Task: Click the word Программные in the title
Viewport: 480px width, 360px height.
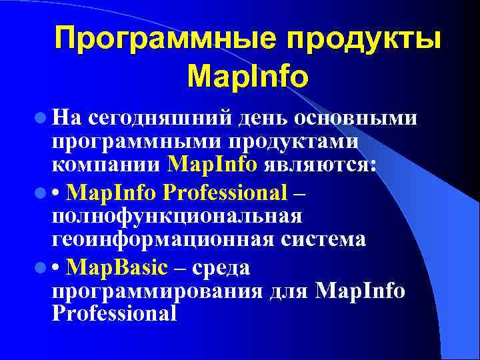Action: coord(159,39)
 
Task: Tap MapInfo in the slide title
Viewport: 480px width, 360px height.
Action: coord(248,76)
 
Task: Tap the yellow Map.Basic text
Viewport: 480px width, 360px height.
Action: coord(118,267)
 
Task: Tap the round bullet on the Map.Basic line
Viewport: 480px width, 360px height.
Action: coord(41,267)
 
